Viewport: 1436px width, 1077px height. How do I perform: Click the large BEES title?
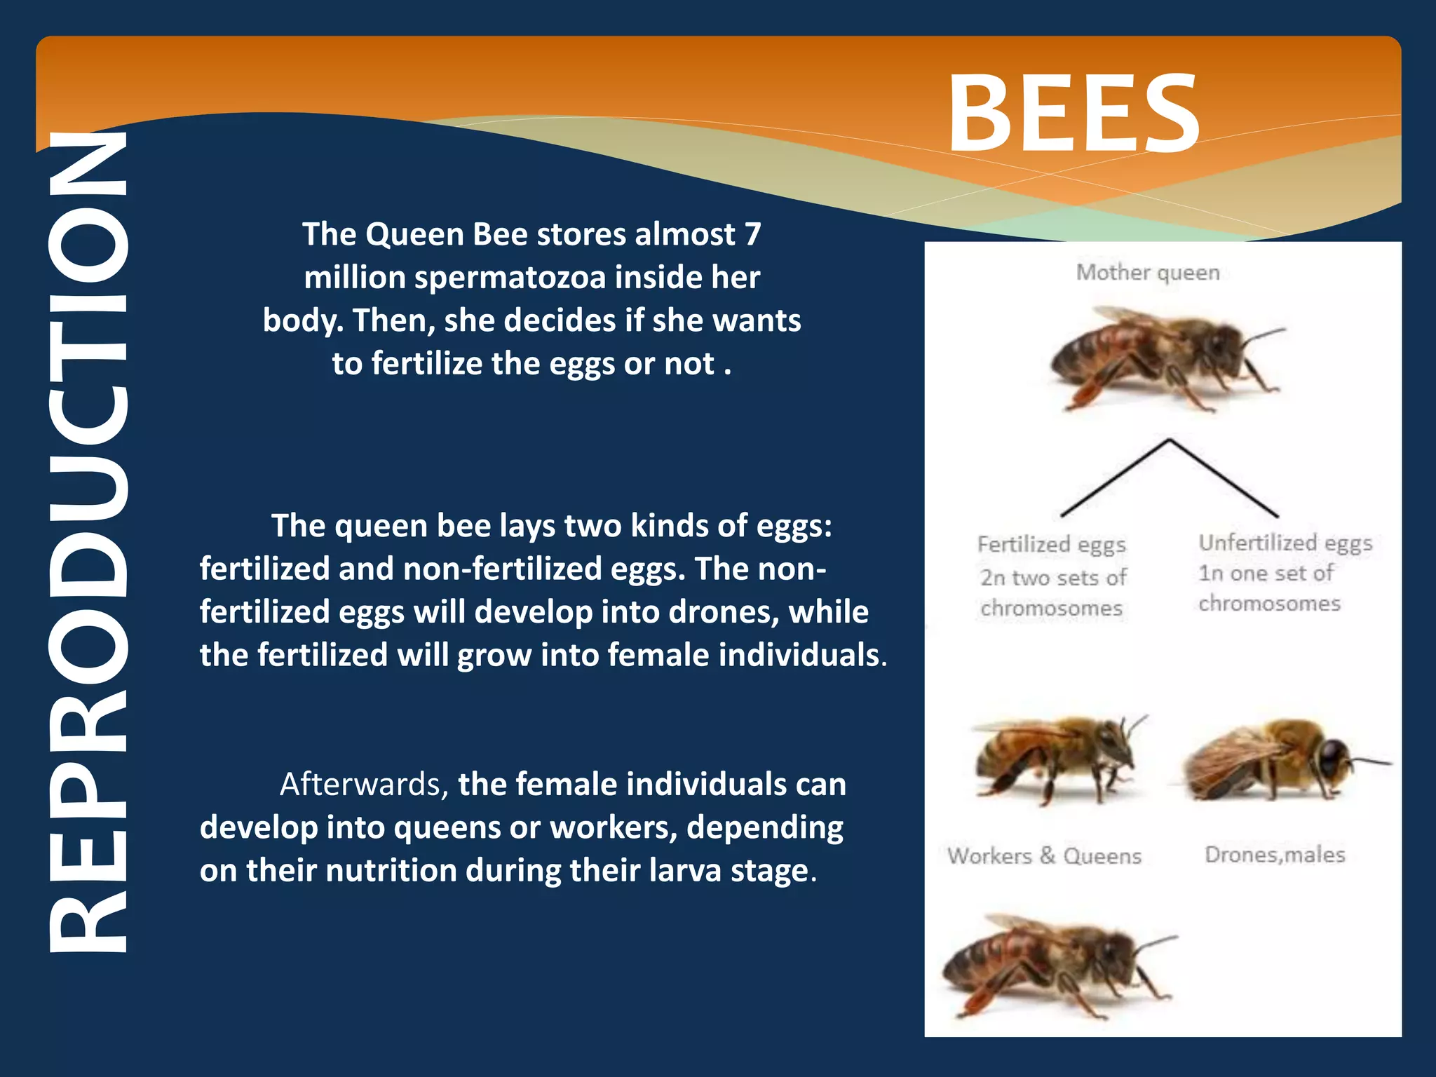click(1073, 114)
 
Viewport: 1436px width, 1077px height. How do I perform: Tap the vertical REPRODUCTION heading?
click(88, 540)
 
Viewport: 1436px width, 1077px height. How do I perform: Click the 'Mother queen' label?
click(1148, 272)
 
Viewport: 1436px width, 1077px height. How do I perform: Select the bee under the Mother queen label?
click(1164, 358)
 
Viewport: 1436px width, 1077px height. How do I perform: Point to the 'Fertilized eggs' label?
click(1051, 545)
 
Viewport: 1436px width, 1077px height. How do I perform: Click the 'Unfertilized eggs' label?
click(1285, 543)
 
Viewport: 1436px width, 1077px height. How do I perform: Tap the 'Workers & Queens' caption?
click(1044, 856)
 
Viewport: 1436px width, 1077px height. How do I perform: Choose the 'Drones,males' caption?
click(1275, 855)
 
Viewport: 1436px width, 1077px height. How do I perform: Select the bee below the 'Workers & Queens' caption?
click(1055, 964)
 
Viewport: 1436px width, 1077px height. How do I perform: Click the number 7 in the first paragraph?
click(752, 234)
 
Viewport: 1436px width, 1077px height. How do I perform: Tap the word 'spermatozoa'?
click(510, 278)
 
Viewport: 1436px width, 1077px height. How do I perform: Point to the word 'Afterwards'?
click(363, 785)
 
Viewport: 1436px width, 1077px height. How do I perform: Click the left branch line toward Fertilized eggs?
click(1115, 478)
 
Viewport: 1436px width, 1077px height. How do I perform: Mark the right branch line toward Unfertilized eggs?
click(1224, 478)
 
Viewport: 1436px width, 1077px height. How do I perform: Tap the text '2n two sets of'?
click(1052, 578)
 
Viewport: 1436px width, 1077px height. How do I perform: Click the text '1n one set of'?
click(1266, 574)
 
